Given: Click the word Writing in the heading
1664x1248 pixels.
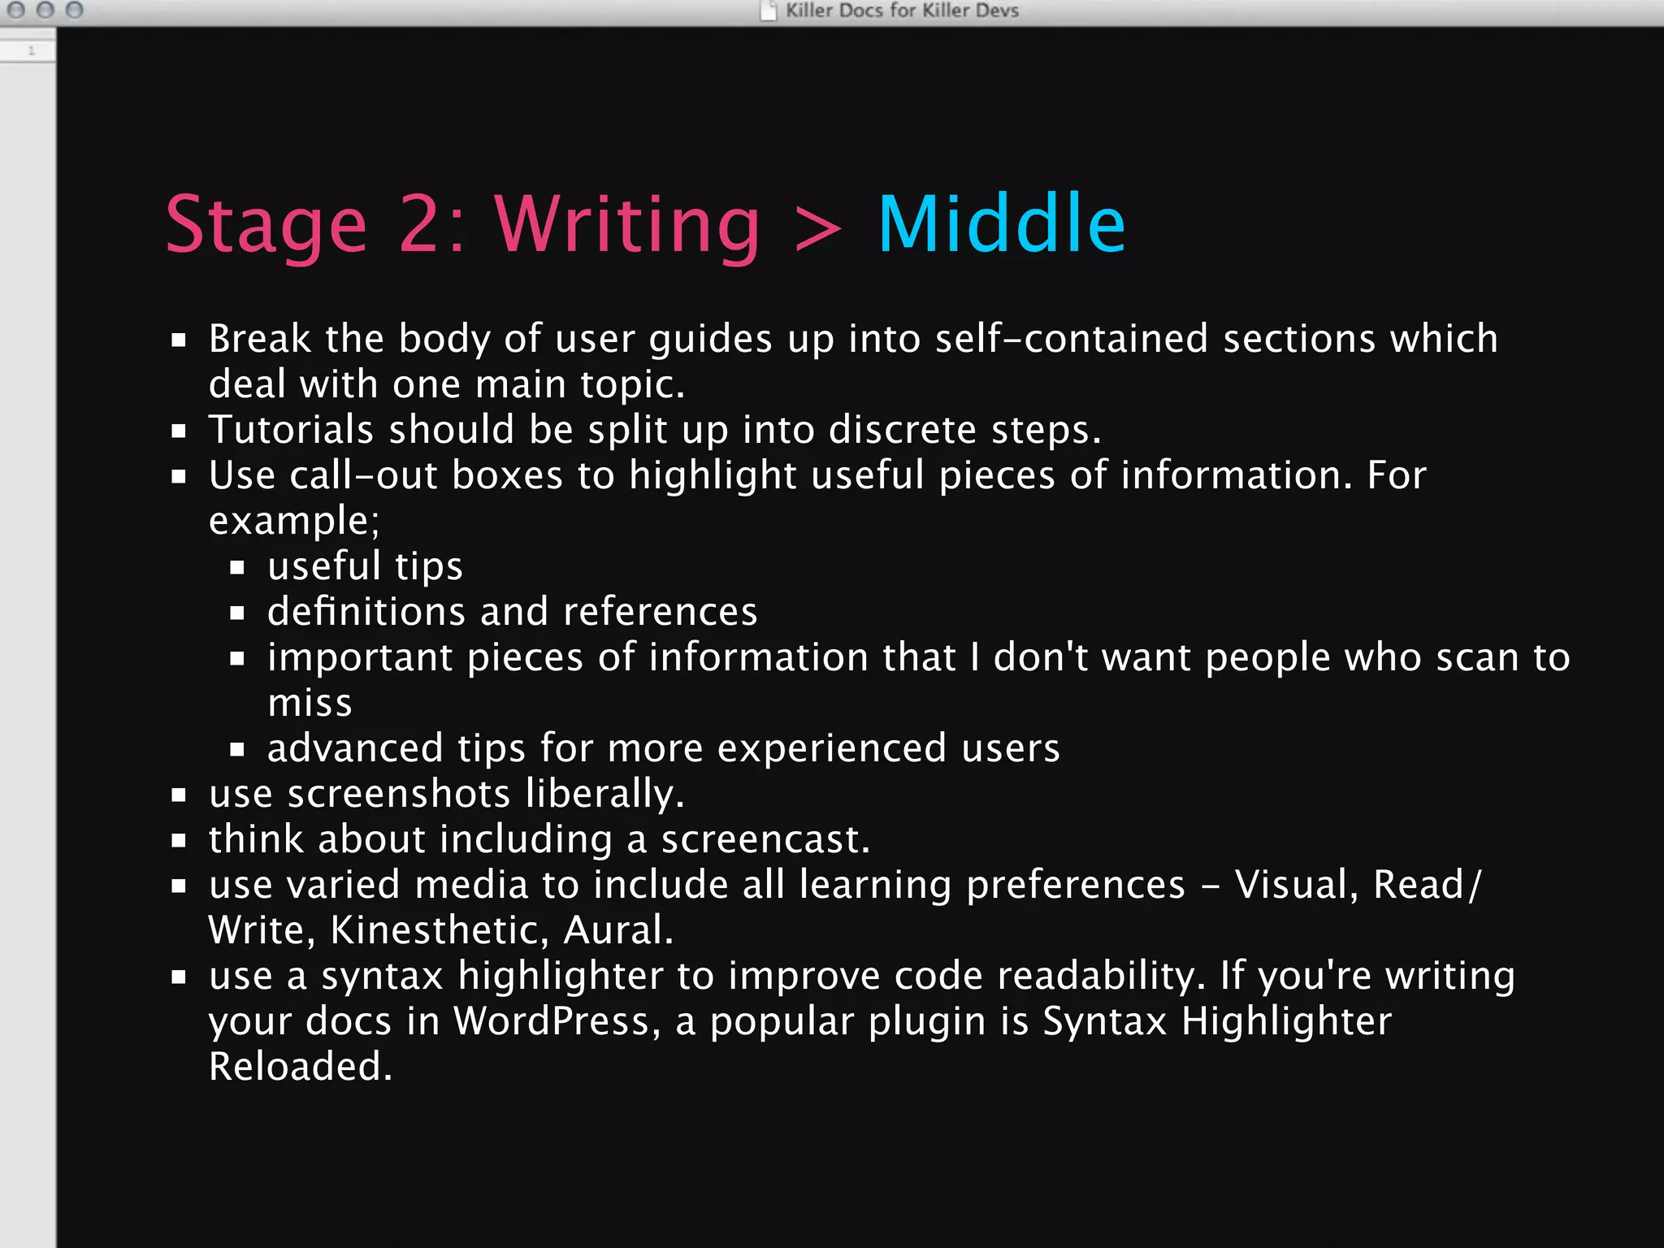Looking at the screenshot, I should pyautogui.click(x=627, y=225).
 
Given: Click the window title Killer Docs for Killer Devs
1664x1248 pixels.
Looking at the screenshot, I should pyautogui.click(x=901, y=11).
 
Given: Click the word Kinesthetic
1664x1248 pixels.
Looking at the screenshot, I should pyautogui.click(x=439, y=929).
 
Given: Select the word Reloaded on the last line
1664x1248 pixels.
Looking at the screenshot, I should pyautogui.click(x=300, y=1066).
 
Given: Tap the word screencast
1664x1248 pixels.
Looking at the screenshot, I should pyautogui.click(x=765, y=838).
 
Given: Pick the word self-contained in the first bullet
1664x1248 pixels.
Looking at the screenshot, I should pyautogui.click(x=1071, y=338).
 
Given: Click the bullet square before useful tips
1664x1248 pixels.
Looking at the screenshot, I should pyautogui.click(x=237, y=568).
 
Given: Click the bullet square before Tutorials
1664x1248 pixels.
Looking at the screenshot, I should pyautogui.click(x=179, y=431).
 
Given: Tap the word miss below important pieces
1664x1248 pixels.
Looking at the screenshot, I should pyautogui.click(x=310, y=703).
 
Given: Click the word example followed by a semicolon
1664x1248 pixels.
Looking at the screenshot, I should pyautogui.click(x=293, y=521).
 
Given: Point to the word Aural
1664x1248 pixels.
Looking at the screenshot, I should pyautogui.click(x=617, y=929).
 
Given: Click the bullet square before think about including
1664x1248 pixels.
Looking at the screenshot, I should pyautogui.click(x=179, y=841).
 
